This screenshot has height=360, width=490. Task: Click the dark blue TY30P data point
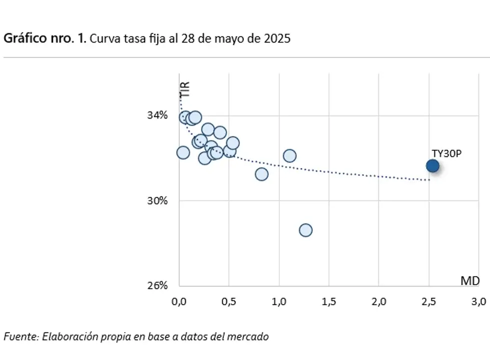pyautogui.click(x=432, y=166)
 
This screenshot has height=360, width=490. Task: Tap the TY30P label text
pyautogui.click(x=446, y=153)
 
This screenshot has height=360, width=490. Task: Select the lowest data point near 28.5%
pyautogui.click(x=305, y=230)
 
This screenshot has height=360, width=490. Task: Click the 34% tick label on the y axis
pyautogui.click(x=157, y=116)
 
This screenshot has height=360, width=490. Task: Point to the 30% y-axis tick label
pyautogui.click(x=157, y=201)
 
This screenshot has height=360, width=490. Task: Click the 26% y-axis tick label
pyautogui.click(x=157, y=285)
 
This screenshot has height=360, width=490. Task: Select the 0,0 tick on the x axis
pyautogui.click(x=179, y=302)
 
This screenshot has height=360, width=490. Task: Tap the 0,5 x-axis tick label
pyautogui.click(x=229, y=302)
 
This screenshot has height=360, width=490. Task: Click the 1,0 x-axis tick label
pyautogui.click(x=279, y=302)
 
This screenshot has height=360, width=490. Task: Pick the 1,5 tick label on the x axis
pyautogui.click(x=329, y=302)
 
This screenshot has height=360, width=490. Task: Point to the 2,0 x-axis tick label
pyautogui.click(x=379, y=302)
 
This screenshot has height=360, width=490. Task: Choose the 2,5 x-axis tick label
pyautogui.click(x=429, y=302)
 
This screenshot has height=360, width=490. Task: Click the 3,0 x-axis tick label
pyautogui.click(x=478, y=302)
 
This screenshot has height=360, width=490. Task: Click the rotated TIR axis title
pyautogui.click(x=185, y=89)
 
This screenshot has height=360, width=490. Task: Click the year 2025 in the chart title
pyautogui.click(x=276, y=39)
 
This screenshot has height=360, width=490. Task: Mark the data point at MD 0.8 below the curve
pyautogui.click(x=261, y=174)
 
